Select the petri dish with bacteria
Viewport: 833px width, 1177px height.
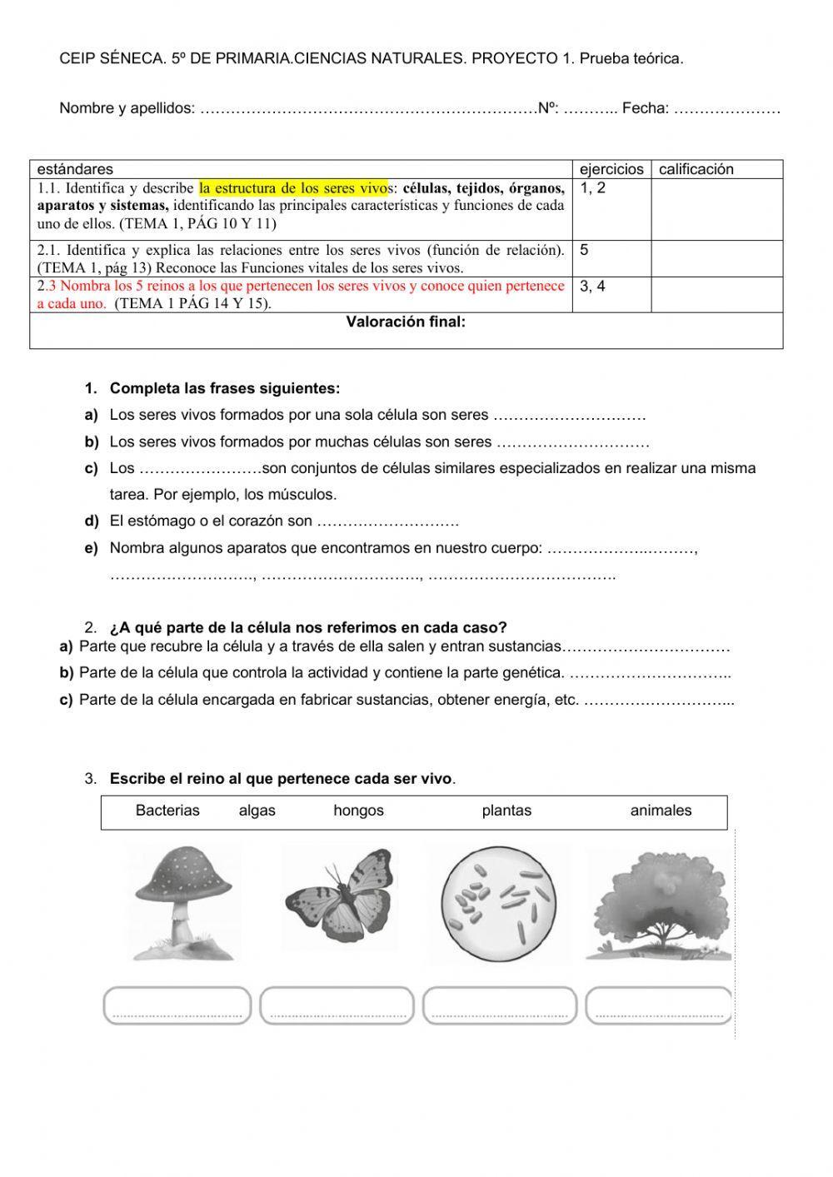[x=498, y=900]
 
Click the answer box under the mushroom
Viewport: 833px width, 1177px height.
[x=177, y=1005]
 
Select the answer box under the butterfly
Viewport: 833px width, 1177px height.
[x=337, y=1005]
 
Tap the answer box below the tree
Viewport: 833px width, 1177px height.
[x=659, y=1005]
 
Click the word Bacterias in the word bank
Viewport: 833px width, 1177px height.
[x=167, y=810]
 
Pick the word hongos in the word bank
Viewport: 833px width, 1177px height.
[x=358, y=810]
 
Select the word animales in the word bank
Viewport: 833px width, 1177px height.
[x=661, y=810]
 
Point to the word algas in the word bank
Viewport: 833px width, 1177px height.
[x=257, y=810]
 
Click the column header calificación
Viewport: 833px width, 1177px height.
[x=696, y=169]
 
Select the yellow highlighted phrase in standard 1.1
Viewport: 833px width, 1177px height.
[x=294, y=187]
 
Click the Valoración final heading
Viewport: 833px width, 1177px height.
[x=406, y=322]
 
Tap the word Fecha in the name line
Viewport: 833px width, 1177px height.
[x=645, y=107]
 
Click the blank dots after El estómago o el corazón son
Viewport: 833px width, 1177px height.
[x=388, y=522]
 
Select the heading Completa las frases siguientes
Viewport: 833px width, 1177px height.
[x=224, y=388]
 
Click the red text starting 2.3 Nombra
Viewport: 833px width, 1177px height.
[x=300, y=287]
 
